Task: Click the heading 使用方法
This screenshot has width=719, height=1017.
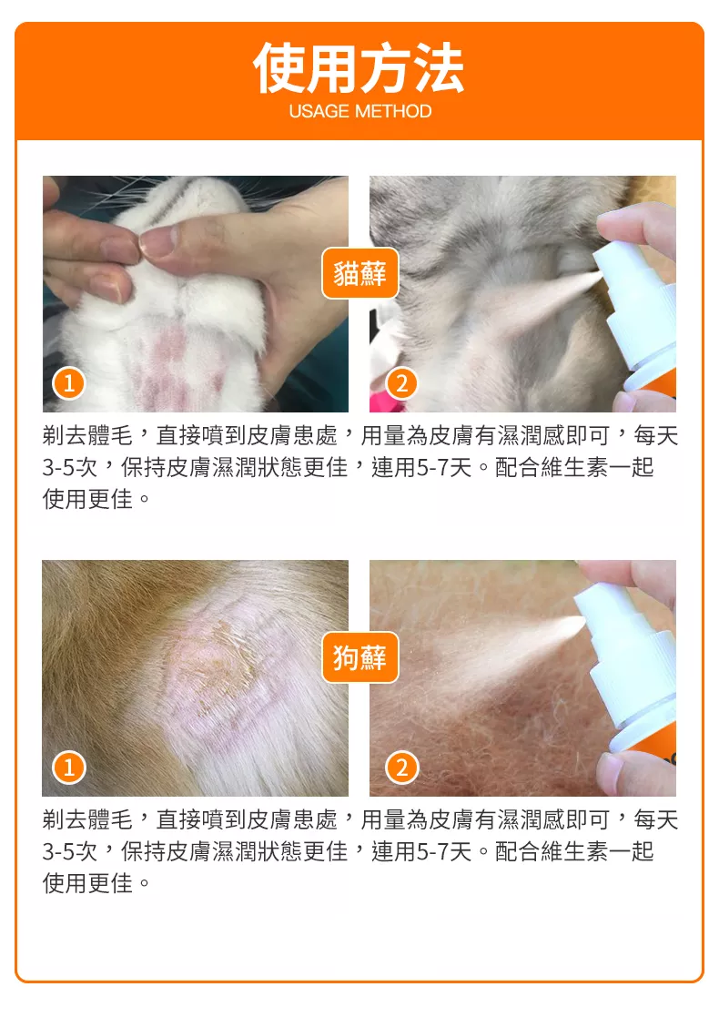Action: pos(359,68)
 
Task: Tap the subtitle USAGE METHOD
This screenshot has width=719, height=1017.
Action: pos(359,112)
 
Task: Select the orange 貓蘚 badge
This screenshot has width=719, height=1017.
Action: pos(359,273)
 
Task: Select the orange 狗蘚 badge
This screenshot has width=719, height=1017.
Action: pos(359,657)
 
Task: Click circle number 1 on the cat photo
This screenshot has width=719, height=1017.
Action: pos(69,383)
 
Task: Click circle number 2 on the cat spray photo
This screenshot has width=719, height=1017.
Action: pos(402,383)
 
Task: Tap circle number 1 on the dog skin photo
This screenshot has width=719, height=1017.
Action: pos(69,768)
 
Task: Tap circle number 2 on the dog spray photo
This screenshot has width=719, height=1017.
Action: pos(402,768)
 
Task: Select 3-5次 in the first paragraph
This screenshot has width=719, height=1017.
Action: pos(70,467)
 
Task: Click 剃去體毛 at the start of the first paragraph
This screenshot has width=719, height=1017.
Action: pos(87,435)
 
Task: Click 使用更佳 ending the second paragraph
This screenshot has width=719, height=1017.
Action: pos(87,883)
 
